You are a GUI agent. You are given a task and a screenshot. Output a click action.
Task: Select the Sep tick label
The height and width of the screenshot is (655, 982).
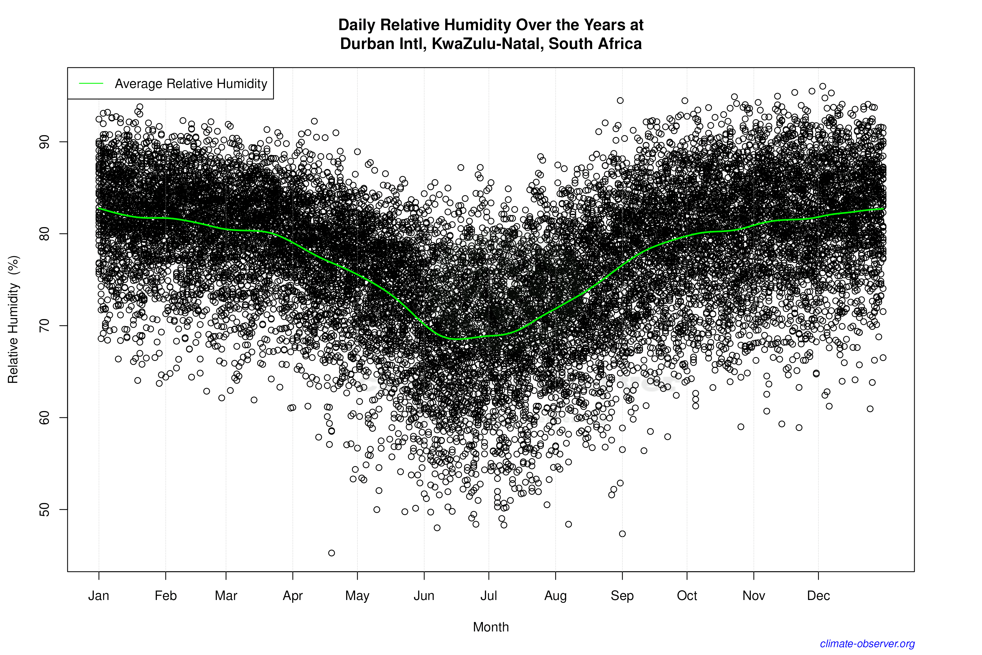point(622,596)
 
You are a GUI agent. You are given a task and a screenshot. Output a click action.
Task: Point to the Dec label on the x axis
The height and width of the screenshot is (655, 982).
point(818,596)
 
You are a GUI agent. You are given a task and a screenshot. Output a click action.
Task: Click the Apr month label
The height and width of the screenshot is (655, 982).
point(293,596)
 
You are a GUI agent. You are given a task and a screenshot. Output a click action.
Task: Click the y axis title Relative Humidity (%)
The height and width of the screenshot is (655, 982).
point(13,320)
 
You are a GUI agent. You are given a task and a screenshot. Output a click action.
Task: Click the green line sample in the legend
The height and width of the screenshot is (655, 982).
point(91,84)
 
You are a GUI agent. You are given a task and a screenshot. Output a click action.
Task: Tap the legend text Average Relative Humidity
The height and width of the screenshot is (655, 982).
point(191,84)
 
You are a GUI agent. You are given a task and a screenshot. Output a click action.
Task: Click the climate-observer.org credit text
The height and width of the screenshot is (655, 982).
point(867,644)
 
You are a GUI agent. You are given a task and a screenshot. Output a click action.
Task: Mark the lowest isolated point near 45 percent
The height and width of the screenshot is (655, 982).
point(332,553)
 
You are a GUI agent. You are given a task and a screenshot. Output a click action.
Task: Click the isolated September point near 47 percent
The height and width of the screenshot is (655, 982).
point(622,534)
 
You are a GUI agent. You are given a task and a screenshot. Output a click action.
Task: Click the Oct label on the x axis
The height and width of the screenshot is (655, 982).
point(687,596)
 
